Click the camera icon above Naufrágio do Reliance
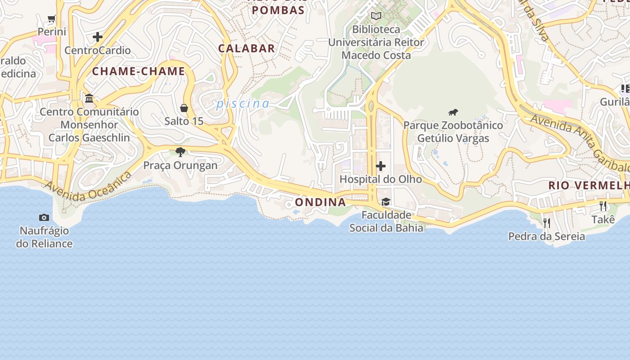pos(44,218)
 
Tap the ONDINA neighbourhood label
pos(320,202)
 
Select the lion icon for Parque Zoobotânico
pos(453,112)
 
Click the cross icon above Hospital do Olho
pos(381,166)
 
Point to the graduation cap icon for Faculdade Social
pos(386,202)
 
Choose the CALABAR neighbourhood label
pos(247,49)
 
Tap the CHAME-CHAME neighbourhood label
pos(139,71)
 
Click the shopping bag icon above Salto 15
pos(184,108)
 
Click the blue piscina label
pos(243,104)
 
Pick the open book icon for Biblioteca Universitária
pos(376,16)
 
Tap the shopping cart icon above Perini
pos(52,19)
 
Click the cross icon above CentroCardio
pos(98,37)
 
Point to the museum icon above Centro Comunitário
pos(89,98)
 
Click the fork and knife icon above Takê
pos(603,206)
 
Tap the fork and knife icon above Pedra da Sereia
pos(547,223)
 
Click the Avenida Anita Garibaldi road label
pos(580,143)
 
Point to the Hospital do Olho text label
pos(381,179)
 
